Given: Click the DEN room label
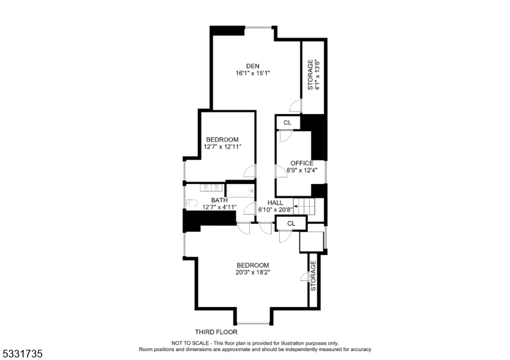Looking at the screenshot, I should click(x=253, y=65).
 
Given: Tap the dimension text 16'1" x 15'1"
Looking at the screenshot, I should click(x=253, y=73).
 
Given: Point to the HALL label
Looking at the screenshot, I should click(x=275, y=202).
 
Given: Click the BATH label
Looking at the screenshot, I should click(x=219, y=199).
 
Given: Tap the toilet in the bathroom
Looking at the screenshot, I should click(x=191, y=203).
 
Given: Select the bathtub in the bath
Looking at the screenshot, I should click(x=242, y=189).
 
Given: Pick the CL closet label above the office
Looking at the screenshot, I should click(x=288, y=122).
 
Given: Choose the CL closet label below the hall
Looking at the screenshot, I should click(x=291, y=224).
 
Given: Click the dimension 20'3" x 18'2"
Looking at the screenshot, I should click(x=253, y=273).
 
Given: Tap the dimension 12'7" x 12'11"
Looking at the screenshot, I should click(x=222, y=147).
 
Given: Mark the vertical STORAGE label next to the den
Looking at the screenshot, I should click(x=310, y=75).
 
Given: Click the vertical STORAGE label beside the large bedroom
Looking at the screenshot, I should click(x=313, y=276).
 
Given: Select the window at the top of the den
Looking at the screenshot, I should click(x=258, y=27).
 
